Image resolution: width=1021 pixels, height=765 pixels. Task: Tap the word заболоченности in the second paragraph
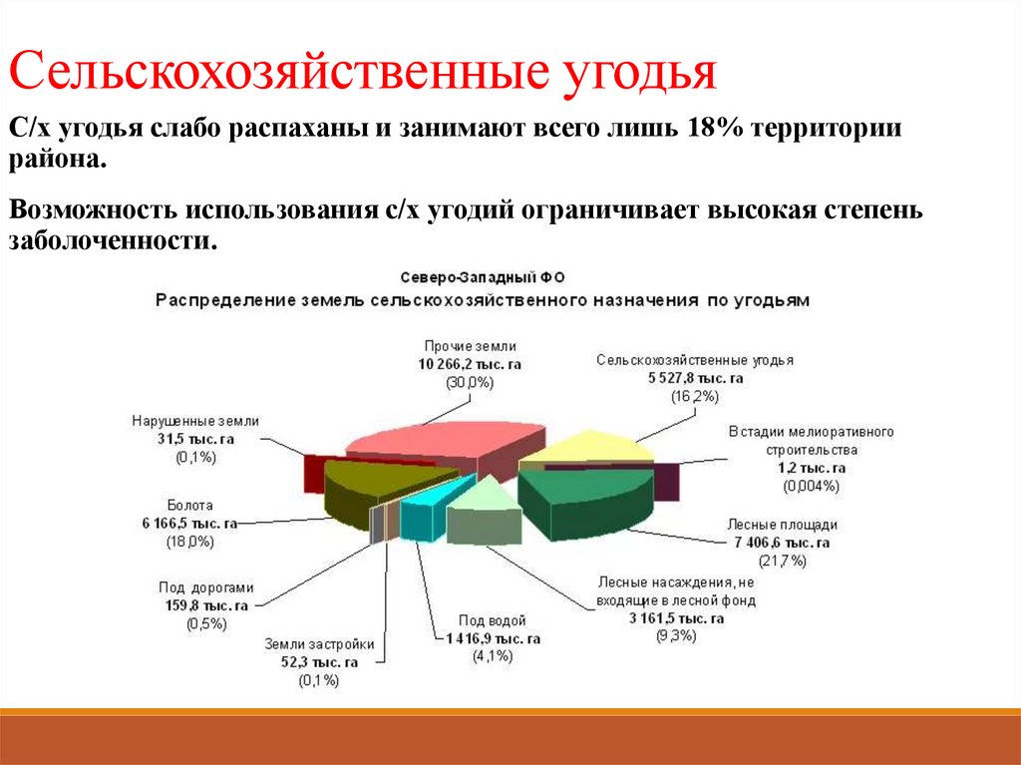coord(113,240)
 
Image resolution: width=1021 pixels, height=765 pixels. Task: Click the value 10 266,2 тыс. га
coord(470,364)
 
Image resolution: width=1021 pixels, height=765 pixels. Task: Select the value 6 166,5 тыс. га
coord(189,523)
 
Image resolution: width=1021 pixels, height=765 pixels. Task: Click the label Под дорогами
coord(206,586)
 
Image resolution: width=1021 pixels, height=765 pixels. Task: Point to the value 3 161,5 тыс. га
coord(676,618)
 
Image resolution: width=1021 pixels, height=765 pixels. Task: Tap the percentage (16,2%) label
coord(695,396)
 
